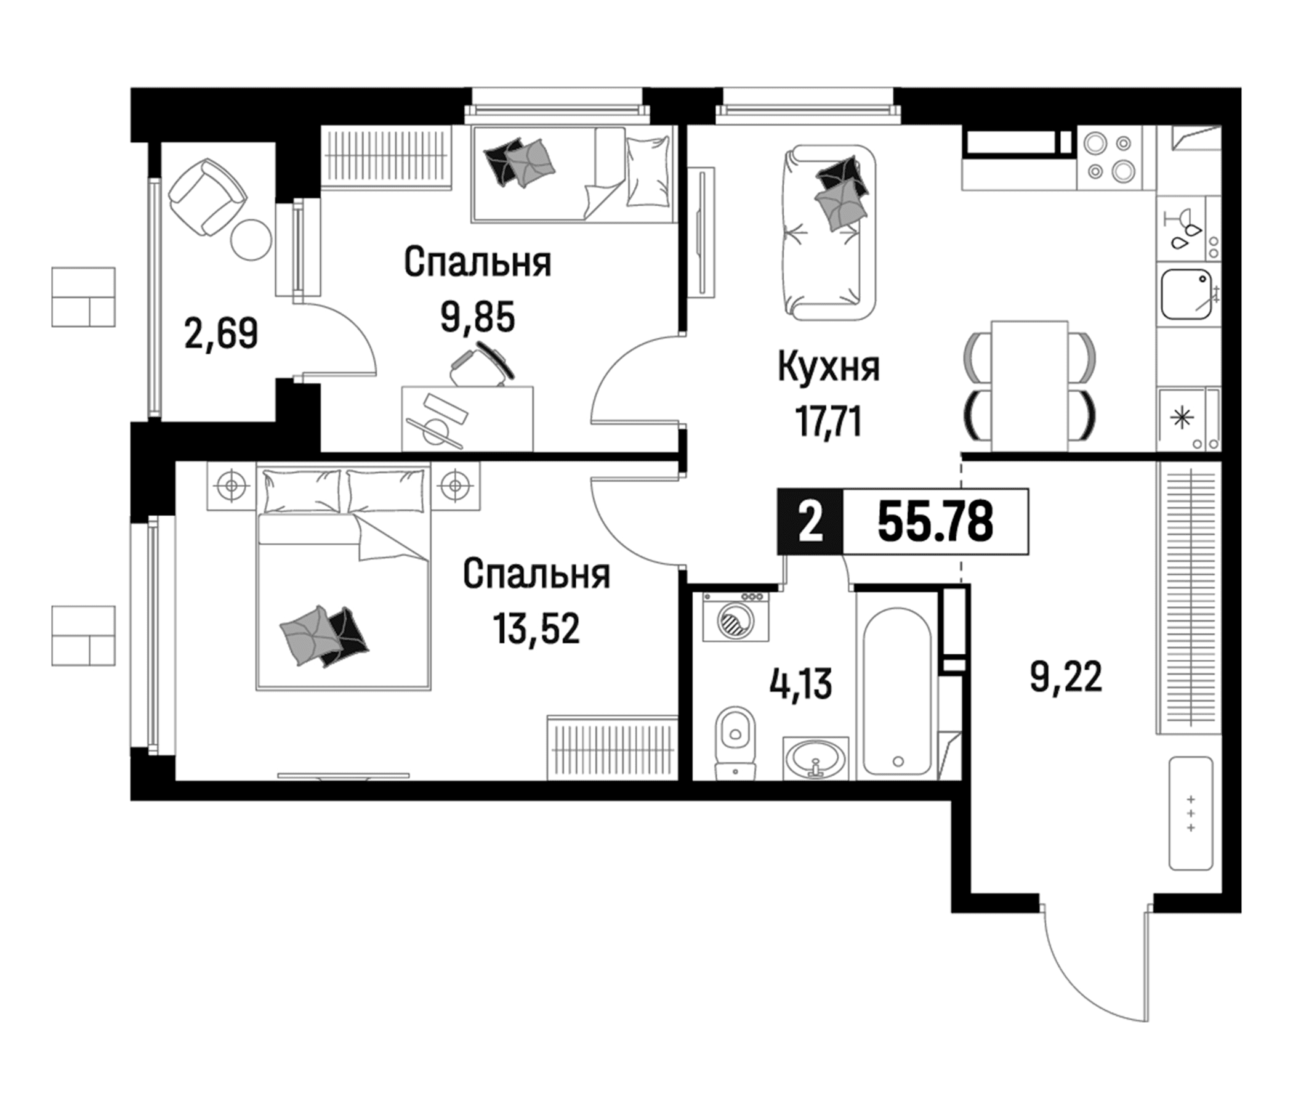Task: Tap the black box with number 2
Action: pos(810,521)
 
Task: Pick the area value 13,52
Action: pos(536,628)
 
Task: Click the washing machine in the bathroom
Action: pos(736,617)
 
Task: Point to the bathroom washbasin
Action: pos(816,758)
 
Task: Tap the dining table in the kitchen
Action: pos(1029,385)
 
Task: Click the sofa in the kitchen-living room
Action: pos(828,232)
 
